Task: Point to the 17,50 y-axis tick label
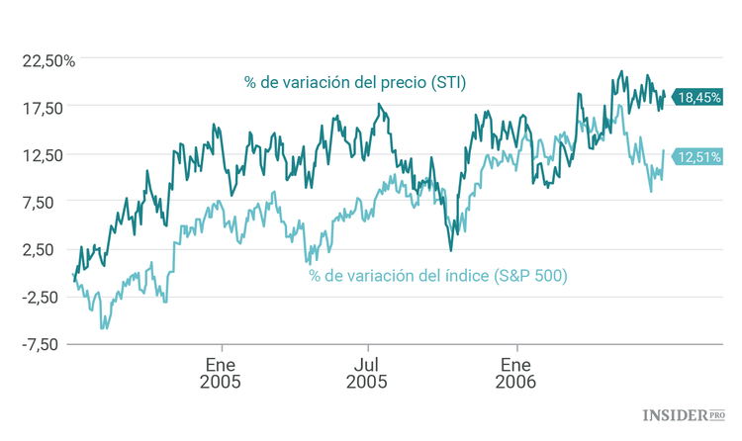[x=46, y=108]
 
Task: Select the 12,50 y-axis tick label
[x=46, y=154]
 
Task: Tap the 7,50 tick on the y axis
[x=50, y=202]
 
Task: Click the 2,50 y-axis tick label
[x=50, y=249]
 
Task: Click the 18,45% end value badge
[x=699, y=97]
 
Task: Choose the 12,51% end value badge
[x=699, y=155]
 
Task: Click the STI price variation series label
[x=355, y=82]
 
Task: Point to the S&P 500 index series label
[x=437, y=276]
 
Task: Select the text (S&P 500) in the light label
[x=530, y=276]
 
